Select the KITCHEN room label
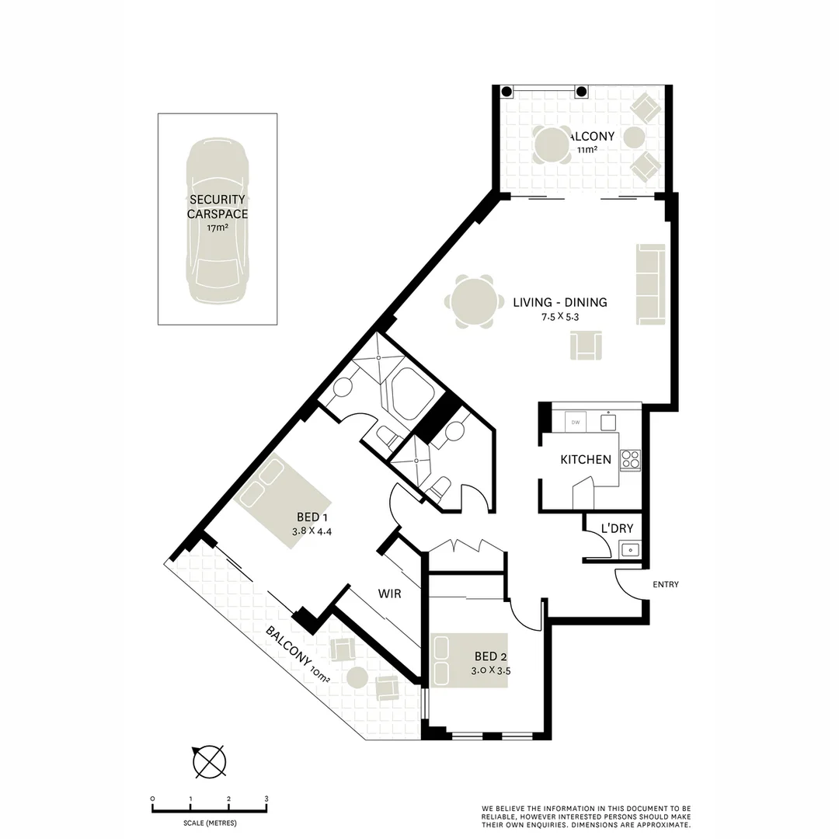[586, 460]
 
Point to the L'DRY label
[618, 528]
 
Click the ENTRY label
[666, 584]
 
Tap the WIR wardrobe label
[389, 594]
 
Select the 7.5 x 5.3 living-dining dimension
[559, 316]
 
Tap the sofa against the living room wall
[651, 284]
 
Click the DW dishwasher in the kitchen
[576, 422]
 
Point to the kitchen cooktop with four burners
[630, 460]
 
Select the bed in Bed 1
[284, 501]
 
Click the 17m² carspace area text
[218, 228]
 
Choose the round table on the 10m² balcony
[358, 677]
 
